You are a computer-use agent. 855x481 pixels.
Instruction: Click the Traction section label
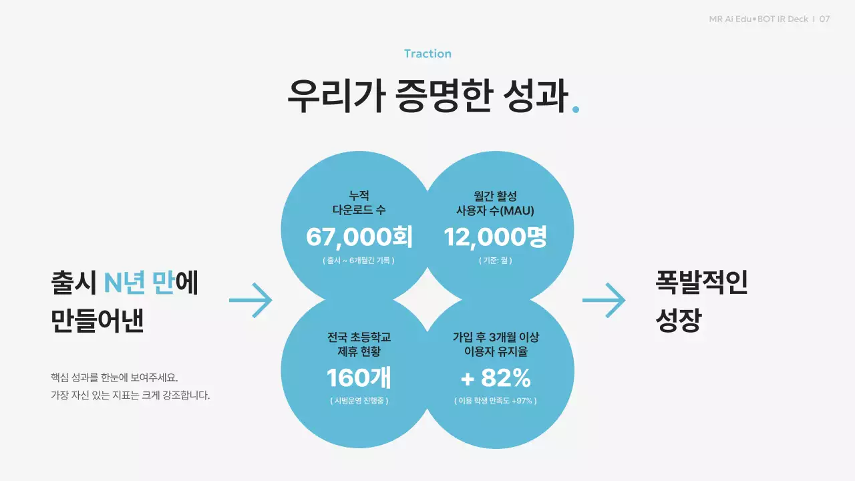pyautogui.click(x=427, y=53)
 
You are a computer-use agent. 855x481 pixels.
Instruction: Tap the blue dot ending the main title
pyautogui.click(x=576, y=109)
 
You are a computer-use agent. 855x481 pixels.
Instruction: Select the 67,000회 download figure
pyautogui.click(x=359, y=236)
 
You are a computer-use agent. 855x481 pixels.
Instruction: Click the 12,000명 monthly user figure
pyautogui.click(x=496, y=236)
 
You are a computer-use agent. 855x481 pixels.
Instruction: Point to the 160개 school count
pyautogui.click(x=359, y=378)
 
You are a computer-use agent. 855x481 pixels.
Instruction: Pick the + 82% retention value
pyautogui.click(x=496, y=378)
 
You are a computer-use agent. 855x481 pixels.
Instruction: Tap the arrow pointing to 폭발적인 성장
pyautogui.click(x=604, y=300)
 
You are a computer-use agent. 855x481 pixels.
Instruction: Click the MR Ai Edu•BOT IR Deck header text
pyautogui.click(x=759, y=19)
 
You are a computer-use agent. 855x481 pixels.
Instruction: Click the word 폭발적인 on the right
pyautogui.click(x=701, y=283)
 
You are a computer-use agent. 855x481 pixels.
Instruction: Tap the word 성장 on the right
pyautogui.click(x=678, y=321)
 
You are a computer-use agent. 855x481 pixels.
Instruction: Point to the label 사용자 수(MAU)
pyautogui.click(x=495, y=210)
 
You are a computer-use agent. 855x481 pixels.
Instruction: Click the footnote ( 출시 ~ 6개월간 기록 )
pyautogui.click(x=359, y=261)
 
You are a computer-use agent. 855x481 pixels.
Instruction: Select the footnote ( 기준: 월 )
pyautogui.click(x=495, y=261)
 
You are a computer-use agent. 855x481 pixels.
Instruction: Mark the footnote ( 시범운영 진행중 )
pyautogui.click(x=359, y=401)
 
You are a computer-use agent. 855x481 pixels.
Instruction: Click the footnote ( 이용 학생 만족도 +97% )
pyautogui.click(x=495, y=401)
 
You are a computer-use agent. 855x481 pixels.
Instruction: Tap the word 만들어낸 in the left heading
pyautogui.click(x=98, y=321)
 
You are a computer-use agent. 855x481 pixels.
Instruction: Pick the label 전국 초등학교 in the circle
pyautogui.click(x=359, y=337)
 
